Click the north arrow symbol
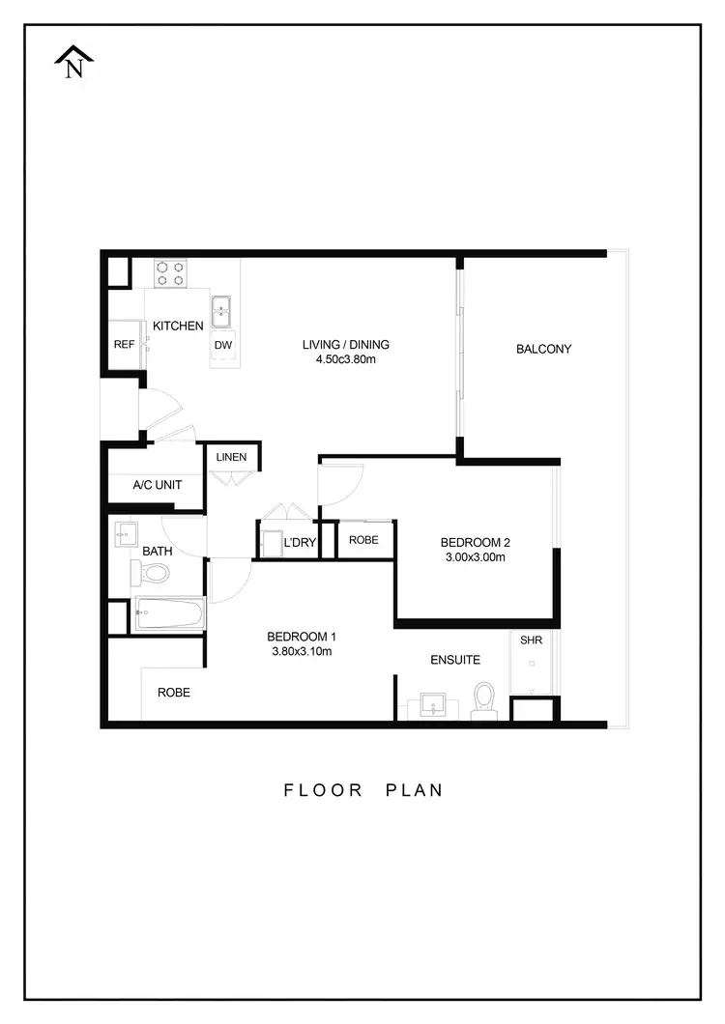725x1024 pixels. point(73,62)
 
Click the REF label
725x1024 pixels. point(124,345)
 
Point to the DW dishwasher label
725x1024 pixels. point(222,345)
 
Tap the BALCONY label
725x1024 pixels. point(543,349)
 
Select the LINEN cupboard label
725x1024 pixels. point(232,457)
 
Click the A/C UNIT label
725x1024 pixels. point(157,484)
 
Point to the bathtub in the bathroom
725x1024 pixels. point(169,613)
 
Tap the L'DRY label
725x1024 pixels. point(300,543)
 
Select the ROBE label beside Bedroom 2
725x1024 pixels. point(363,540)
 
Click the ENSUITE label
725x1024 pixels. point(455,660)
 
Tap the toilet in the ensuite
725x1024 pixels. point(483,699)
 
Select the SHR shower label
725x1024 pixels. point(531,640)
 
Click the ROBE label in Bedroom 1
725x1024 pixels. point(174,693)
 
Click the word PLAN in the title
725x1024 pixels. point(415,789)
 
